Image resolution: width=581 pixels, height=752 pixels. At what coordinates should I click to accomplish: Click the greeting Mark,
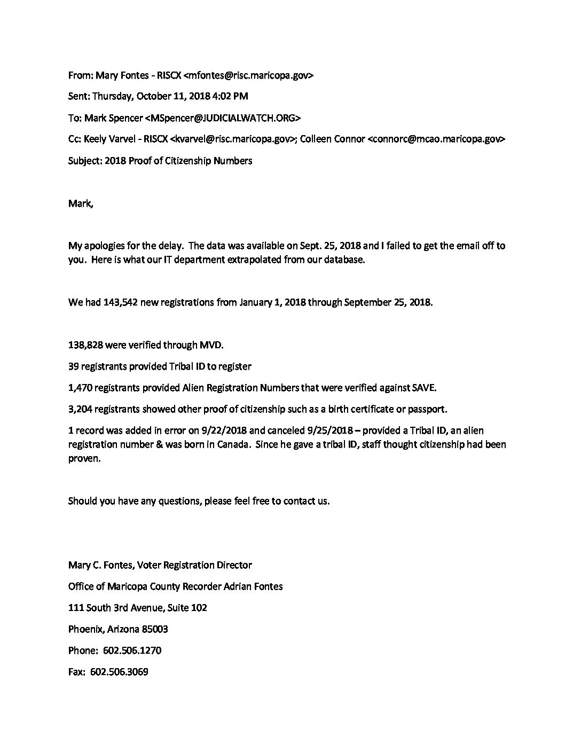(x=80, y=203)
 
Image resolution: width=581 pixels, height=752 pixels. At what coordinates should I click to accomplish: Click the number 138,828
(x=85, y=345)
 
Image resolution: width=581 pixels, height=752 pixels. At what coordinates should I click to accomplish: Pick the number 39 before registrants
(x=74, y=366)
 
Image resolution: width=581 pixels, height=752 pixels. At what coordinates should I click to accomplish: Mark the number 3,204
(x=81, y=410)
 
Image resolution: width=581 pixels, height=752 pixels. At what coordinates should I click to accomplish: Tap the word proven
(x=84, y=459)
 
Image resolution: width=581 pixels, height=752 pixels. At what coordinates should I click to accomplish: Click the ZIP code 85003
(x=155, y=629)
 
